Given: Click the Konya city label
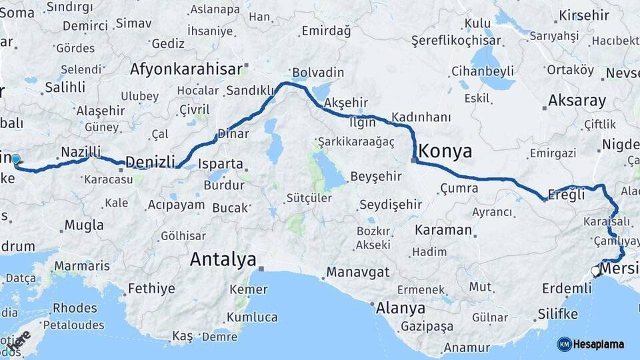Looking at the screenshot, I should click(x=445, y=149).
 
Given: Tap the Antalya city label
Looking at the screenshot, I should click(x=223, y=259).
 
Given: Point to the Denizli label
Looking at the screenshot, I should click(x=150, y=162).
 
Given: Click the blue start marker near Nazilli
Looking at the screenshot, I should click(x=16, y=159).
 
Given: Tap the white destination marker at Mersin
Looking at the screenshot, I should click(x=596, y=271).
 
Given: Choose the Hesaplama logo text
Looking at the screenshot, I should click(x=599, y=344).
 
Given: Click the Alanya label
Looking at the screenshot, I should click(x=401, y=309).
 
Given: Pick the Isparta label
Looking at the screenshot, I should click(x=221, y=163).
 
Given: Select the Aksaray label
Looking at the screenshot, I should click(x=577, y=101).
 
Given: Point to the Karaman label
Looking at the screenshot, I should click(x=443, y=230).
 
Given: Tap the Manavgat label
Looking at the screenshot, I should click(x=357, y=273).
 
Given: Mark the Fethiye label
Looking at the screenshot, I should click(x=151, y=289).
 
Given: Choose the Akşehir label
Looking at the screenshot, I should click(x=345, y=103).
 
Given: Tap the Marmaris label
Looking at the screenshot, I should click(x=82, y=266).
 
